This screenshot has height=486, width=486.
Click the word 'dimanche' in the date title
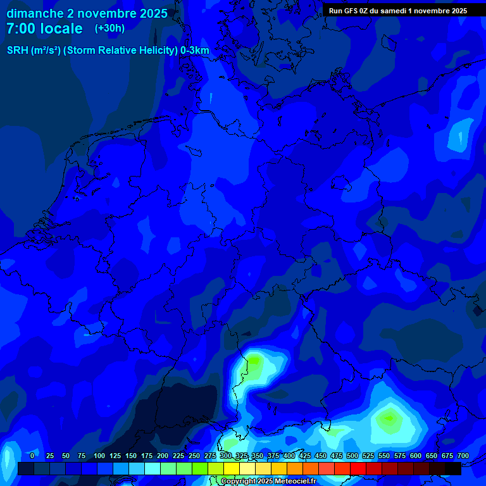click(34, 13)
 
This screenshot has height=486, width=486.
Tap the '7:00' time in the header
click(21, 28)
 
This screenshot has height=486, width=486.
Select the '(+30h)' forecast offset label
click(109, 28)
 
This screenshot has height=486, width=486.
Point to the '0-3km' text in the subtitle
click(194, 51)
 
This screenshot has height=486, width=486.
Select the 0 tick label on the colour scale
click(32, 456)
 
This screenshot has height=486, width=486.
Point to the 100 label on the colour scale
click(99, 456)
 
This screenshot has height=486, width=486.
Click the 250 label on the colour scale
click(194, 456)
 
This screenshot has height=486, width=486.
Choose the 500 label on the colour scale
click(352, 456)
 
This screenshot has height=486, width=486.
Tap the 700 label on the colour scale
click(463, 456)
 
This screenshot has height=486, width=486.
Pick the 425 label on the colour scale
click(304, 456)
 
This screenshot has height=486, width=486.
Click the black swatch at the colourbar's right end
click(453, 469)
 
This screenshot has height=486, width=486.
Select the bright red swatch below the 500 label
click(358, 469)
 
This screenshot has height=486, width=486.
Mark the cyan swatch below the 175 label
click(153, 469)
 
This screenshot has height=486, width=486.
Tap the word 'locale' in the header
click(62, 28)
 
